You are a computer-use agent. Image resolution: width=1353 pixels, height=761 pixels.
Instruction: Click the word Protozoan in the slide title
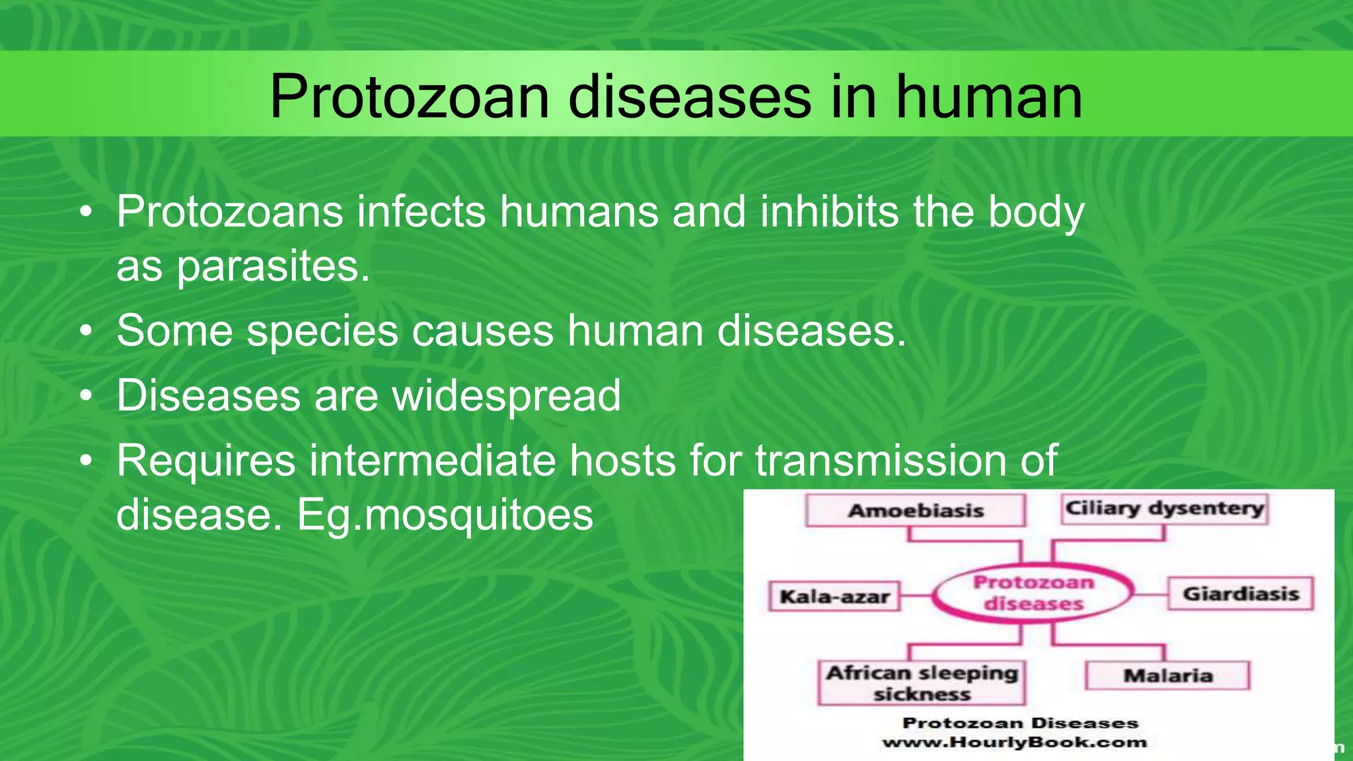click(x=410, y=97)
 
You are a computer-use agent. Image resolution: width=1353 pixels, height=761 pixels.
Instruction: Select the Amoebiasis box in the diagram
click(x=915, y=511)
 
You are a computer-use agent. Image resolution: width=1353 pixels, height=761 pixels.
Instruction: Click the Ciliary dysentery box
click(x=1164, y=509)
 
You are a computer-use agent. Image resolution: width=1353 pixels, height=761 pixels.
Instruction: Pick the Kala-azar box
click(x=834, y=597)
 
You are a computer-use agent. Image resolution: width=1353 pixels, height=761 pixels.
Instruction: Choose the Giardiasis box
click(x=1240, y=594)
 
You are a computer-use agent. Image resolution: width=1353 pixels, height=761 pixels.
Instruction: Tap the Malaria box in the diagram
click(x=1167, y=676)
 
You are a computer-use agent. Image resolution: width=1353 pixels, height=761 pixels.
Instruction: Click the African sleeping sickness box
click(x=922, y=683)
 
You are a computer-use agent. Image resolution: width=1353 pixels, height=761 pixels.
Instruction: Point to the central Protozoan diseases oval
click(x=1033, y=593)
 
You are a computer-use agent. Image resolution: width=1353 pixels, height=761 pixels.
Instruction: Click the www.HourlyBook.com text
click(x=1014, y=743)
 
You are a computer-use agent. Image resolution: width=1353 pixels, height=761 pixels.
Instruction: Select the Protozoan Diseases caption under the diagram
click(x=1020, y=723)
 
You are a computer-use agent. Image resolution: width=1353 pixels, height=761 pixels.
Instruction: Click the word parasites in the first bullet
click(x=272, y=267)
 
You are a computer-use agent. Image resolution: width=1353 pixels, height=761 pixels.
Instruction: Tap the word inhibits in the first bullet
click(x=829, y=212)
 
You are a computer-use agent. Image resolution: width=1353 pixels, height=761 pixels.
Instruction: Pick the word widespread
click(x=506, y=396)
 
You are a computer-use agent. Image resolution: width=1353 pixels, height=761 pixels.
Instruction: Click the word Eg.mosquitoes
click(x=445, y=515)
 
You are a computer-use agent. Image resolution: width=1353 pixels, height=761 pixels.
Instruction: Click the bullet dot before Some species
click(x=86, y=332)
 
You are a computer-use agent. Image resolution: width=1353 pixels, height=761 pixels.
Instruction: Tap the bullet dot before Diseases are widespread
click(x=86, y=397)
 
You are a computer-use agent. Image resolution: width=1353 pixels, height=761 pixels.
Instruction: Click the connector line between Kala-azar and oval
click(x=916, y=596)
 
